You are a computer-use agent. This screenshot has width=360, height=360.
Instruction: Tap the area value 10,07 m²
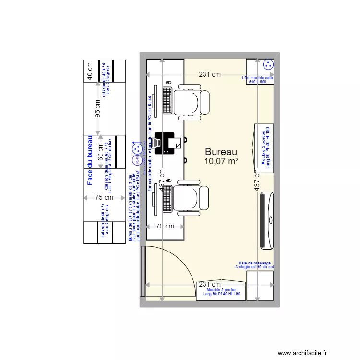pos(222,162)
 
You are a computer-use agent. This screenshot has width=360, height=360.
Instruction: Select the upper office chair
pos(192,102)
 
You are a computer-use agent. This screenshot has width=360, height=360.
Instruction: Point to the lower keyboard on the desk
pos(168,197)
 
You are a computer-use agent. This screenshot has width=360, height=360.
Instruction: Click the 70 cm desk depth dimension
pos(165,226)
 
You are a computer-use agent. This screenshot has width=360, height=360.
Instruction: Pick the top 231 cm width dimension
pos(210,74)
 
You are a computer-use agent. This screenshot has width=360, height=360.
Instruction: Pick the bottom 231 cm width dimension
pos(210,284)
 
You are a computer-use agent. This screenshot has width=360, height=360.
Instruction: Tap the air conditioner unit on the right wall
pos(267,220)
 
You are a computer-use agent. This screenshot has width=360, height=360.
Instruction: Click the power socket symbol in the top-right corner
pos(267,64)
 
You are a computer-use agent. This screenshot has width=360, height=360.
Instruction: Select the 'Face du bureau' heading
pos(89,160)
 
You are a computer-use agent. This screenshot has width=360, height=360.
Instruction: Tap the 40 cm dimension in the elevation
pos(89,71)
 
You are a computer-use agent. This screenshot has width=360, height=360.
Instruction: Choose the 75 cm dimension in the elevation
pos(104,197)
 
